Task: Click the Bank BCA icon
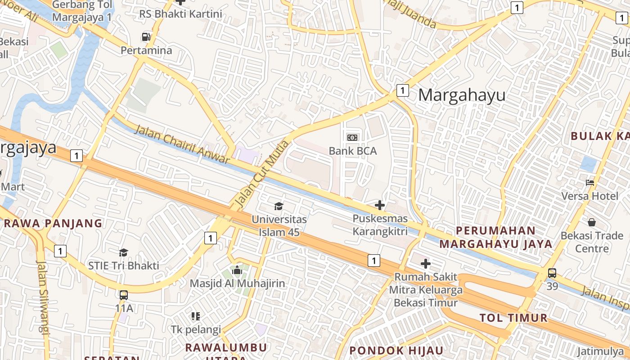tap(352, 137)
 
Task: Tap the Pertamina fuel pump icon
tap(146, 37)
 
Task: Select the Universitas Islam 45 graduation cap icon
tap(279, 206)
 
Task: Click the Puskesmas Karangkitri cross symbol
tap(380, 205)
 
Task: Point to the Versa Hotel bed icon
tap(590, 183)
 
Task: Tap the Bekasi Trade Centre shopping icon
tap(591, 222)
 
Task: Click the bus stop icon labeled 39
tap(552, 273)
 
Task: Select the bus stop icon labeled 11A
tap(124, 295)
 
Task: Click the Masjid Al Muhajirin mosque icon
tap(237, 270)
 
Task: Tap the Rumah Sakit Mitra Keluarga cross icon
tap(426, 263)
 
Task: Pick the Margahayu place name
tap(462, 95)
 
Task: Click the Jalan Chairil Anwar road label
tap(182, 144)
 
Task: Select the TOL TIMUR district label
tap(513, 318)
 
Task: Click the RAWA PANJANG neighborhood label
tap(53, 223)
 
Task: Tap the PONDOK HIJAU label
tap(396, 351)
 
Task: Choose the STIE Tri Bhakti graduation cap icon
tap(124, 252)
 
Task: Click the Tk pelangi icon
tap(195, 316)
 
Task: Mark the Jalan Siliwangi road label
tap(42, 297)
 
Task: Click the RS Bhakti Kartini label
tap(180, 13)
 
